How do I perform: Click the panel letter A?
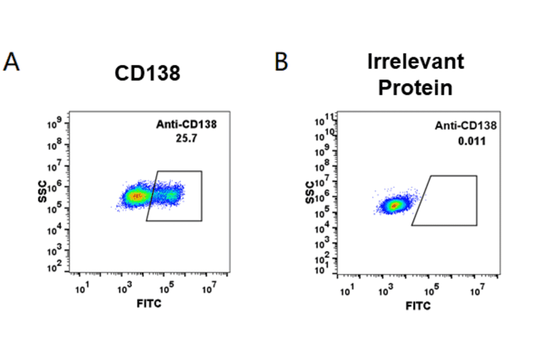pos(12,62)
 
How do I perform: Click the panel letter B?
pos(281,62)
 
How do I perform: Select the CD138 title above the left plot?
pos(148,73)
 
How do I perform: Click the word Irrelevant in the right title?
pos(415,62)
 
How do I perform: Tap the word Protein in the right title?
pos(415,88)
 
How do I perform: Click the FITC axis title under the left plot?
pos(149,302)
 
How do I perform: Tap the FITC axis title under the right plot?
pos(418,305)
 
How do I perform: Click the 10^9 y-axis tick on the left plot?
pos(55,124)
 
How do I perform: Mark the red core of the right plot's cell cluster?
pos(394,205)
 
